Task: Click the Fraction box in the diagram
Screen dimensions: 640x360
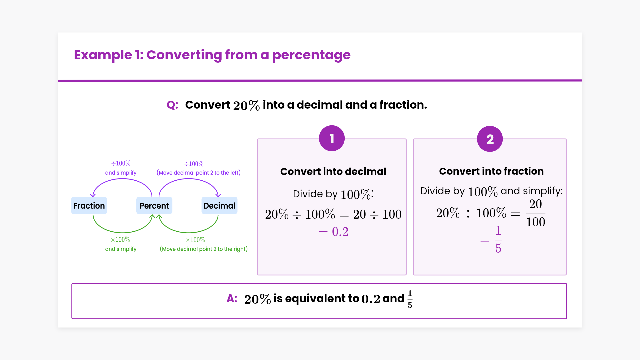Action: point(89,206)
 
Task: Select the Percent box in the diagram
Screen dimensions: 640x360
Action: point(154,206)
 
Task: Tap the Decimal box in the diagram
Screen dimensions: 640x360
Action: point(219,206)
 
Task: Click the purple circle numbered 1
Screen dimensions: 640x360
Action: point(332,138)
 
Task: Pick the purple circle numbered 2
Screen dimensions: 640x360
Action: point(490,139)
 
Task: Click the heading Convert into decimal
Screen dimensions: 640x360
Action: point(333,171)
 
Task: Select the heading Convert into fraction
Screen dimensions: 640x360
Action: point(491,171)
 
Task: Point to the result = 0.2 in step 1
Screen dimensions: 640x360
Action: point(333,232)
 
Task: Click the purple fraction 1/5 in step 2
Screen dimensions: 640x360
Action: point(498,239)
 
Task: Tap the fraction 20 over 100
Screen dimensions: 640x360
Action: point(535,213)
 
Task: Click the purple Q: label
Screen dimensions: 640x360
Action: point(172,105)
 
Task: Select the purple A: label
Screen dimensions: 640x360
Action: point(232,298)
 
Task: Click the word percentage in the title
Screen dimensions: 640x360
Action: point(311,55)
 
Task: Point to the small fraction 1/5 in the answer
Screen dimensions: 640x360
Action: point(410,299)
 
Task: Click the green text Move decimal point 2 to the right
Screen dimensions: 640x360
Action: point(204,249)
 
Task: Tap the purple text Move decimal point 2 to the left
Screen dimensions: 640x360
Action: point(199,173)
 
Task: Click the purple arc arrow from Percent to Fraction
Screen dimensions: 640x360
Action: point(122,179)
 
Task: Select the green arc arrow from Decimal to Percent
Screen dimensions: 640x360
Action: point(189,232)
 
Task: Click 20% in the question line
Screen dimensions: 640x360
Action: point(246,105)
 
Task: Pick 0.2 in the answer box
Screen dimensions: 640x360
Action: point(371,299)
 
